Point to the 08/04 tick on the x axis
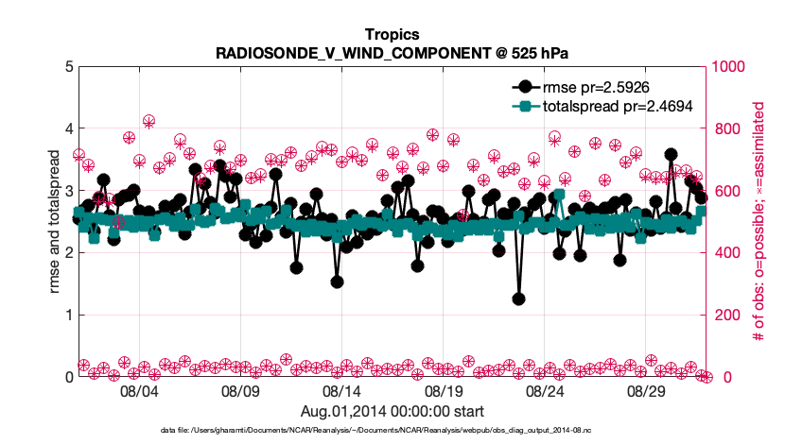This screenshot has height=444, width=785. (139, 389)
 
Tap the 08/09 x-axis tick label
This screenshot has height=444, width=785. (240, 389)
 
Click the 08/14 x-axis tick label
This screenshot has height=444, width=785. (342, 389)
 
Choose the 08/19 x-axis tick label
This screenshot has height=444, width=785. (444, 389)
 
